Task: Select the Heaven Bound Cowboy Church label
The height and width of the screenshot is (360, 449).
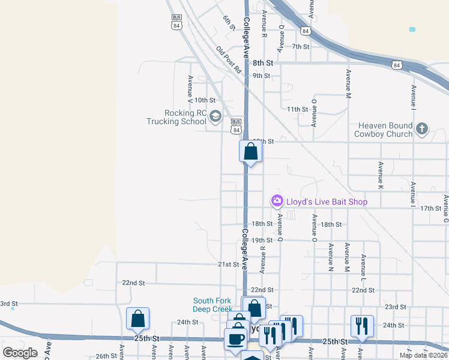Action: click(x=385, y=130)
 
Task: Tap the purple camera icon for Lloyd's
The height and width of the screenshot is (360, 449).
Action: click(x=277, y=200)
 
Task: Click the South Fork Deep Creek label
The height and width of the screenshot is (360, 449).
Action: click(x=212, y=305)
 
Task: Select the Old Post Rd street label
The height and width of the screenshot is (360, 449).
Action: click(x=229, y=60)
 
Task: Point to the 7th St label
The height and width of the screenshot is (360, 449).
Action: click(x=300, y=46)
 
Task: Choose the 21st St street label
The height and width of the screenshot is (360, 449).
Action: click(x=228, y=264)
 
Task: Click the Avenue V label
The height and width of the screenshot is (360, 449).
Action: click(x=190, y=86)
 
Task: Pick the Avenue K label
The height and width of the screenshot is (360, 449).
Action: click(x=381, y=172)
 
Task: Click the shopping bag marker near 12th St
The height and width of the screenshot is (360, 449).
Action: click(x=250, y=151)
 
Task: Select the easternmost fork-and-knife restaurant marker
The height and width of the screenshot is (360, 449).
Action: click(x=362, y=326)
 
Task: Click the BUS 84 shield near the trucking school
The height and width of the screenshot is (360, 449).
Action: click(x=237, y=126)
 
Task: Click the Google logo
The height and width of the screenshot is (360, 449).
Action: click(x=20, y=353)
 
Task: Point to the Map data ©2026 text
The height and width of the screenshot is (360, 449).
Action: click(x=423, y=355)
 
